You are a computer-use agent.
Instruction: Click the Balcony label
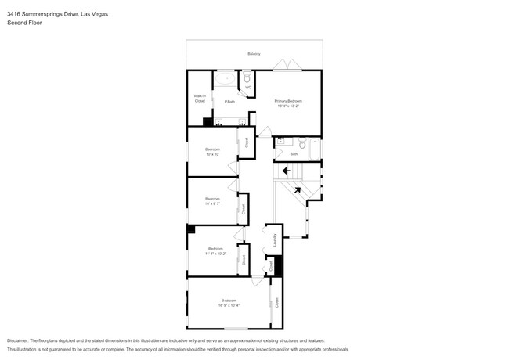pos(254,54)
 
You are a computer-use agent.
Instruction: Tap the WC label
pos(247,87)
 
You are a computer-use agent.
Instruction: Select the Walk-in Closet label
pos(200,99)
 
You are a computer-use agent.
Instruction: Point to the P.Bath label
pos(229,101)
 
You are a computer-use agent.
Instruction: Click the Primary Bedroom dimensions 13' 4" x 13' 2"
pos(287,105)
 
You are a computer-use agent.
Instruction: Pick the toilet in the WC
pos(247,78)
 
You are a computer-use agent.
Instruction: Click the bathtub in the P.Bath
pos(225,78)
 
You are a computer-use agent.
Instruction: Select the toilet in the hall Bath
pos(301,142)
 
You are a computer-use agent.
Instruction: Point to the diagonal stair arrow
pos(297,188)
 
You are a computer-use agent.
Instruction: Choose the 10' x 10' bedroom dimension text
pos(212,153)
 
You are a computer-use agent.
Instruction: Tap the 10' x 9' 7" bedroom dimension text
pos(212,203)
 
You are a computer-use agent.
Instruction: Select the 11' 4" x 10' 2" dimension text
pos(215,254)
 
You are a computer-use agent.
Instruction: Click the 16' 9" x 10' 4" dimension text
pos(229,304)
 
